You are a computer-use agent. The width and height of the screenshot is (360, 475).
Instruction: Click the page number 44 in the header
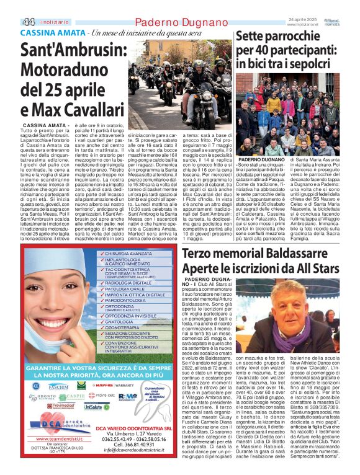coord(29,21)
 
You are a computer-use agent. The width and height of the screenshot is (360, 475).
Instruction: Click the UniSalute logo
coord(97,407)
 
